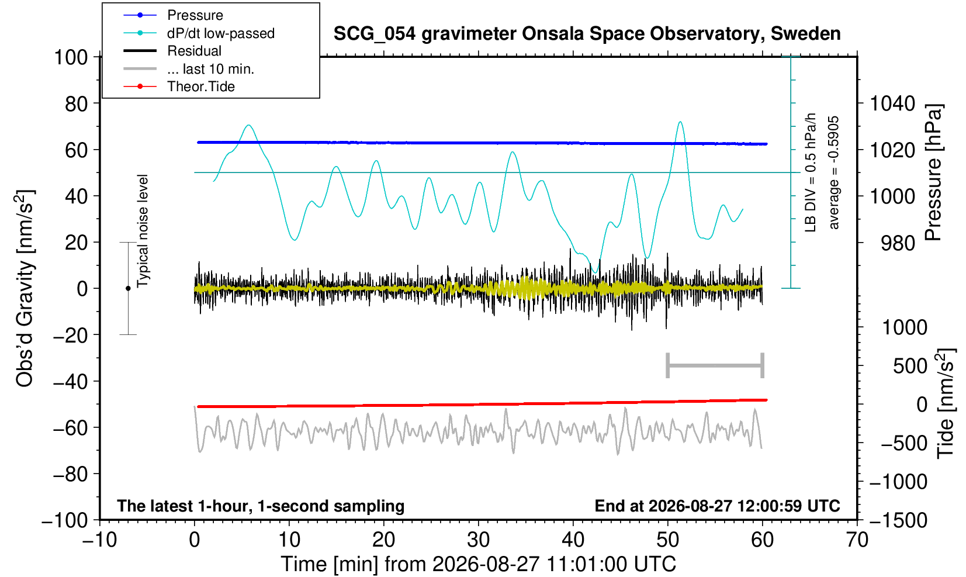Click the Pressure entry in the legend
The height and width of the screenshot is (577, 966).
[x=195, y=15]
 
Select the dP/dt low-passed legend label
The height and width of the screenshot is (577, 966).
[x=221, y=33]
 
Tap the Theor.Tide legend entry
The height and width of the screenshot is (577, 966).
[x=201, y=87]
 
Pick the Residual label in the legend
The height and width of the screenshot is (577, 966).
[x=194, y=51]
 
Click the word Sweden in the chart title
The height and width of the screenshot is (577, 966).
[x=805, y=33]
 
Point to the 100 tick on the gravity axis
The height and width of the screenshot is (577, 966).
[x=71, y=57]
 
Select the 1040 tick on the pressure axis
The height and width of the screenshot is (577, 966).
[x=892, y=103]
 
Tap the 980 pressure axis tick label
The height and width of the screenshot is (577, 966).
[x=898, y=243]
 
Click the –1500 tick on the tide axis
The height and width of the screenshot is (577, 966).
[x=898, y=520]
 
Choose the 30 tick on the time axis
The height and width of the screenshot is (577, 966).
[x=478, y=540]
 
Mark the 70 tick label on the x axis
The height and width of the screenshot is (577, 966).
[x=857, y=540]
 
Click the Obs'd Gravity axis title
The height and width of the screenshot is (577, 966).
[x=25, y=288]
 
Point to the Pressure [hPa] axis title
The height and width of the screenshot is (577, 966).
[x=933, y=172]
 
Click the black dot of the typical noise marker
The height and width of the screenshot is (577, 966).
[x=128, y=288]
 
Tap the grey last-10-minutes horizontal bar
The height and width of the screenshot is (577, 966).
[x=715, y=365]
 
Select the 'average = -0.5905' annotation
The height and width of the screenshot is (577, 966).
[x=833, y=172]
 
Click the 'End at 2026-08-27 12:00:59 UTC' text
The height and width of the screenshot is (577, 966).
[x=717, y=506]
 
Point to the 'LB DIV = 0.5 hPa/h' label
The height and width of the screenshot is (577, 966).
[x=811, y=172]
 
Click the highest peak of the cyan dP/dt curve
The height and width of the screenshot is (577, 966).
[x=680, y=122]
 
